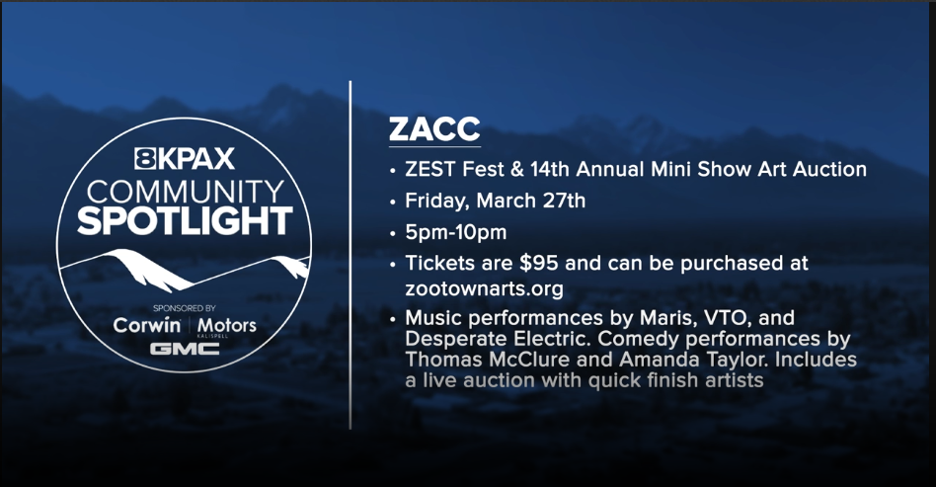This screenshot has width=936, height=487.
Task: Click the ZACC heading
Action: (x=434, y=130)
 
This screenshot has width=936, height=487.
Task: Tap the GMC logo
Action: (x=185, y=349)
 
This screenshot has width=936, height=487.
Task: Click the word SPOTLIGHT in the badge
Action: (x=185, y=219)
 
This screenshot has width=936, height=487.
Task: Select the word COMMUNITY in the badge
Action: (x=185, y=190)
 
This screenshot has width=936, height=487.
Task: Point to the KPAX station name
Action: (x=195, y=158)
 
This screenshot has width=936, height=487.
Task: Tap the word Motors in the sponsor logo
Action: (x=226, y=325)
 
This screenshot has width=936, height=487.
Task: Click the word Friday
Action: (x=438, y=202)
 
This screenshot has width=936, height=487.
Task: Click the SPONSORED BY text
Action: (x=185, y=307)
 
